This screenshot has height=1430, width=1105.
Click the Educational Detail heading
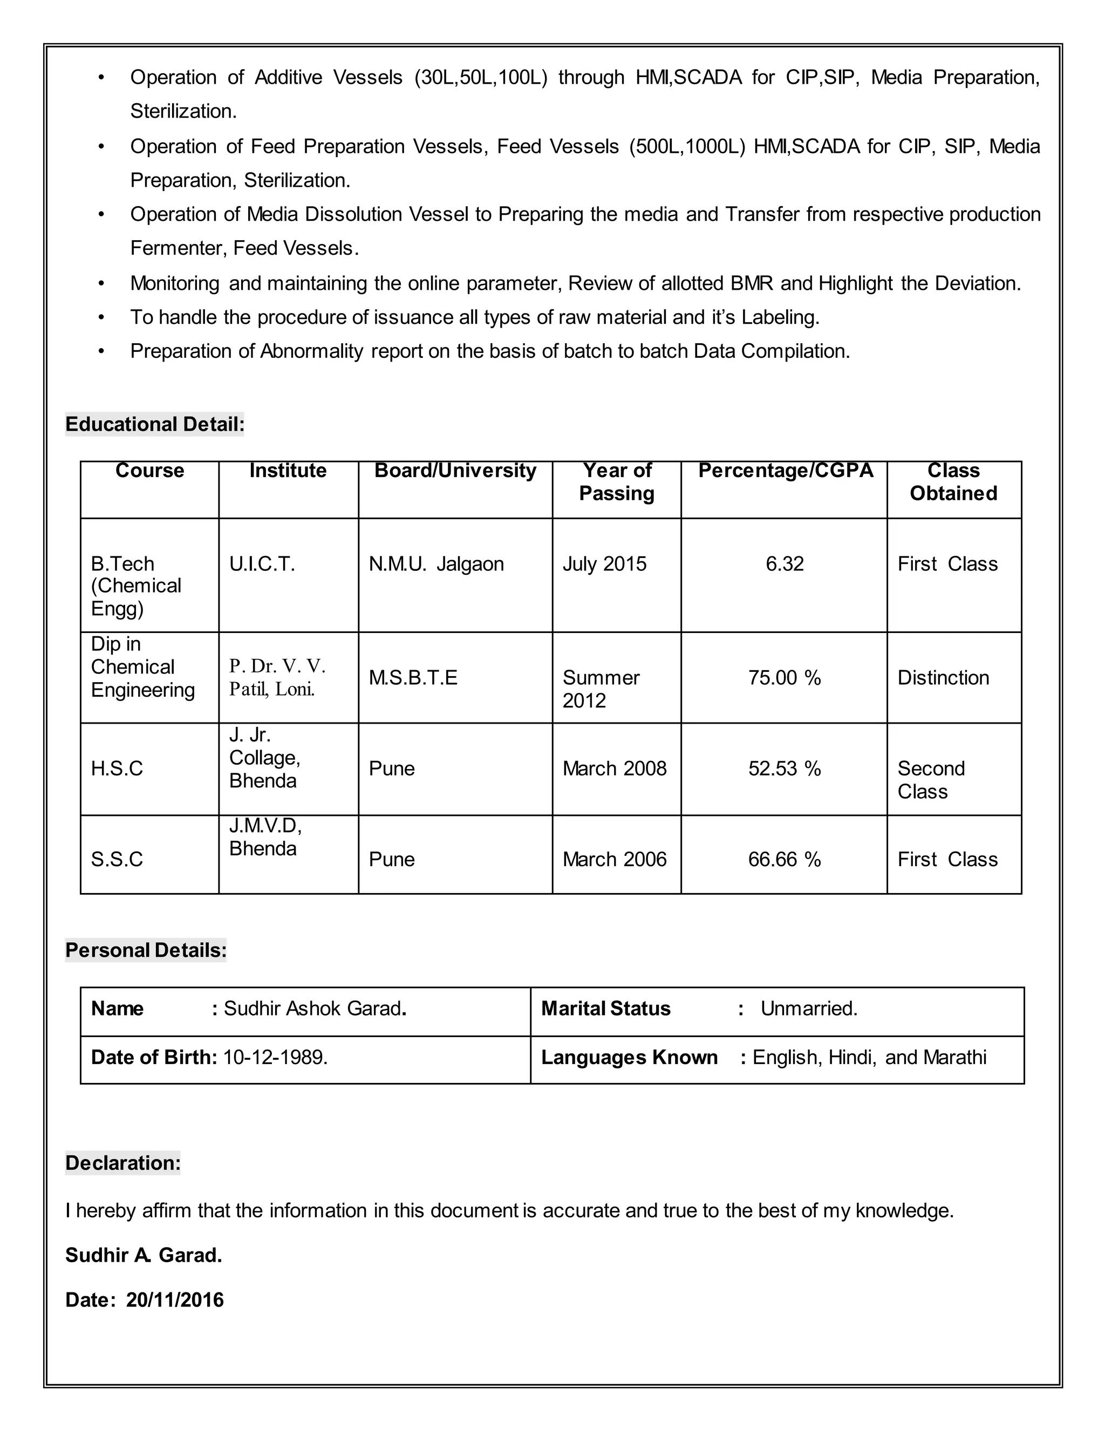coord(154,424)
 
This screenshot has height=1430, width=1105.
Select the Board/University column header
coord(455,470)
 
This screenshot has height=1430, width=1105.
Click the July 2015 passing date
coord(604,564)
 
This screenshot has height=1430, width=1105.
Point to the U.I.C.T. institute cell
coord(262,564)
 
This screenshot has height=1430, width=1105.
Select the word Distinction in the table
coord(943,678)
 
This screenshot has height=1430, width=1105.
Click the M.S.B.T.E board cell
coord(413,678)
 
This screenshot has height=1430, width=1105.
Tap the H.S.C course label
coord(117,768)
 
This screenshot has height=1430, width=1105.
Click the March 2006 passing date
coord(614,859)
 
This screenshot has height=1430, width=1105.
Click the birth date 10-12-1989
coord(275,1058)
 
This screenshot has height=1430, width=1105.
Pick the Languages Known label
coord(629,1058)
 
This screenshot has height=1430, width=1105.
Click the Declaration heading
coord(122,1163)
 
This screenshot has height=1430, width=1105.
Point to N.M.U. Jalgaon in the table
coord(436,564)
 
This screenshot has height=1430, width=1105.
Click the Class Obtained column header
coord(953,482)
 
